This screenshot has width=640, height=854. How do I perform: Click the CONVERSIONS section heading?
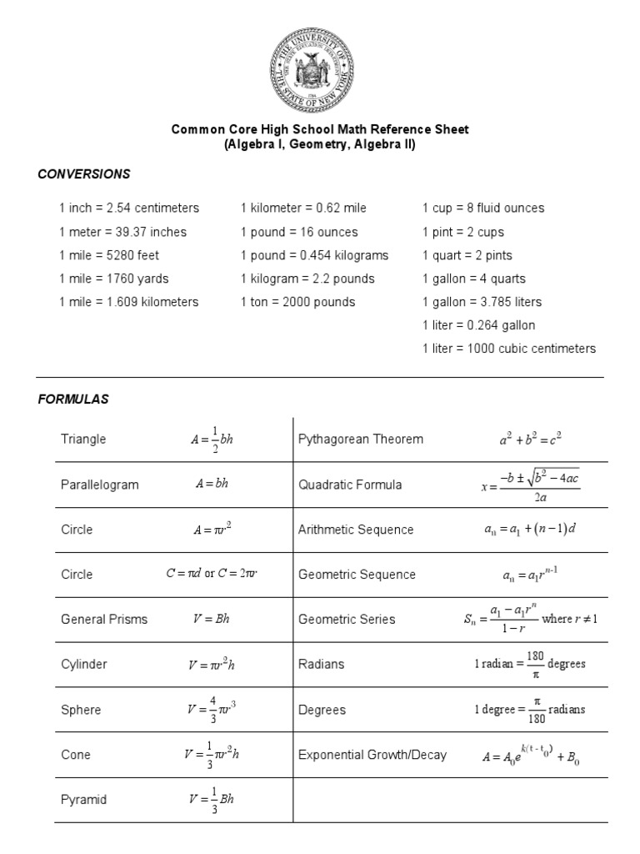click(x=84, y=174)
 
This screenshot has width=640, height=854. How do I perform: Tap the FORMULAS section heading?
click(x=73, y=399)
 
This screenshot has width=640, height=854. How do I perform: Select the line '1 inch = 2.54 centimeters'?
click(x=129, y=208)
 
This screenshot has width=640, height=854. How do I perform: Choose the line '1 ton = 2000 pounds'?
click(x=297, y=302)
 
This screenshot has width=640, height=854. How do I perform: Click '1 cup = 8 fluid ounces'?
click(x=483, y=208)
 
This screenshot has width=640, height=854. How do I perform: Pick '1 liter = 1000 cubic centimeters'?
click(x=509, y=349)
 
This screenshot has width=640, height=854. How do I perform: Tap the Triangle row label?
click(x=83, y=440)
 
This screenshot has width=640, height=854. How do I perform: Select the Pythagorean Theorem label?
click(x=361, y=440)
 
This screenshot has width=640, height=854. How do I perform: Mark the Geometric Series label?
click(x=347, y=620)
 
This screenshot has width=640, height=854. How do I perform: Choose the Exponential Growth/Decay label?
click(x=372, y=755)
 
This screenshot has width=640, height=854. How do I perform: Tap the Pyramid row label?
click(x=83, y=800)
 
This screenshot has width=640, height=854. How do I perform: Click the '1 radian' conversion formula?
click(x=530, y=665)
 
